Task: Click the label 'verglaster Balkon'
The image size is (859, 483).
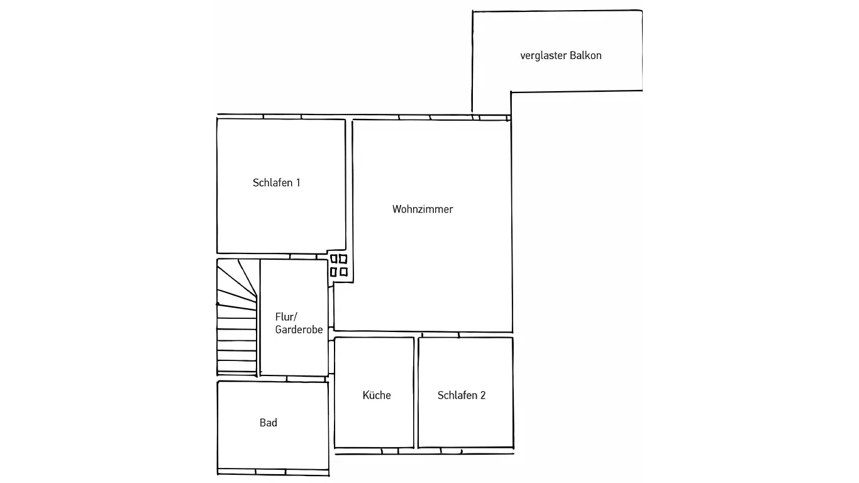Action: (x=561, y=55)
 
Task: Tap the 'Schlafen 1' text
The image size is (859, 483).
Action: (x=276, y=183)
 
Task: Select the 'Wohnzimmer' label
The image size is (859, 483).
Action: (x=423, y=209)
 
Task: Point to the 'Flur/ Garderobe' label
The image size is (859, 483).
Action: (x=299, y=323)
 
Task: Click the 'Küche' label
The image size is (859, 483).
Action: (x=377, y=396)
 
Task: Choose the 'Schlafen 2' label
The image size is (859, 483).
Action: (x=462, y=396)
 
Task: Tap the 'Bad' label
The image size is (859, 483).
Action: (x=269, y=423)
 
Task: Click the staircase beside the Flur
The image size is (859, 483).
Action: (x=237, y=318)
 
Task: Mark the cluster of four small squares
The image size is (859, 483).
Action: (x=339, y=265)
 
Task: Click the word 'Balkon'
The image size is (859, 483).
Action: (x=585, y=55)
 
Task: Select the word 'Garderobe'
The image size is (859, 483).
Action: (x=299, y=330)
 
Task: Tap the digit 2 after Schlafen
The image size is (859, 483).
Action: (x=483, y=396)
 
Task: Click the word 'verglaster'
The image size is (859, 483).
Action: (x=543, y=55)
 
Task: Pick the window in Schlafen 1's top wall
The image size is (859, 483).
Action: (x=282, y=116)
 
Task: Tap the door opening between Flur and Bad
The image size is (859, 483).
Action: (x=306, y=379)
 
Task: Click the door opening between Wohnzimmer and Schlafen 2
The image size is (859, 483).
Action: (x=440, y=335)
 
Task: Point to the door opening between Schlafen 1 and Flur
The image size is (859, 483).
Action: (x=303, y=257)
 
